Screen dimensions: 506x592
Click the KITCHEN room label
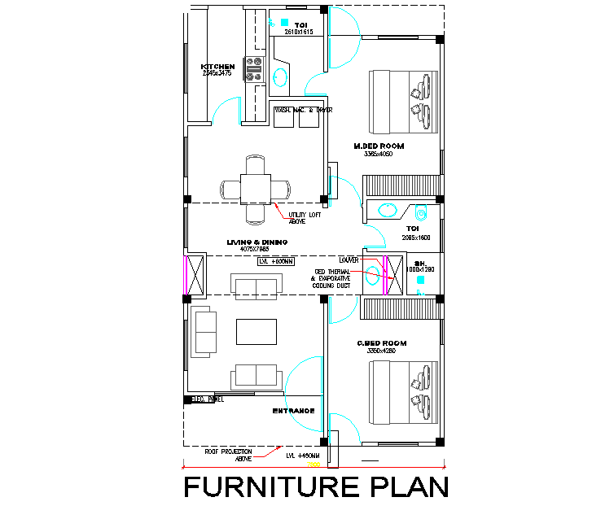218,67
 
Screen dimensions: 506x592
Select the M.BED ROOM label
379,146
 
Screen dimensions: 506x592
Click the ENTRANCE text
293,411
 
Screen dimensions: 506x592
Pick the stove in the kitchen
256,68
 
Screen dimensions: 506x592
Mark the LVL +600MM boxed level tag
276,262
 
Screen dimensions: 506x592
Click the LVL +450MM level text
303,456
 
